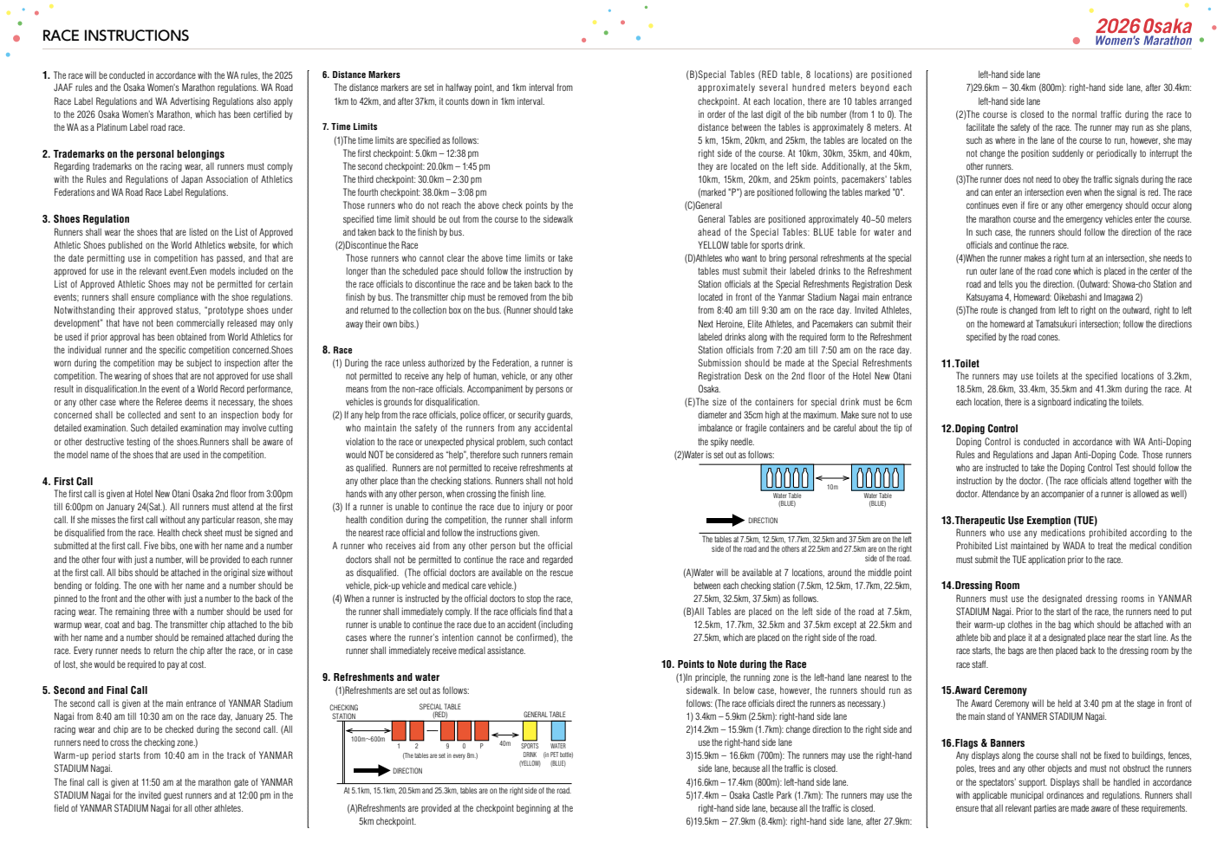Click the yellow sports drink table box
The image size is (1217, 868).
pyautogui.click(x=530, y=731)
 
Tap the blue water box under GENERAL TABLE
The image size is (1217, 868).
pyautogui.click(x=558, y=731)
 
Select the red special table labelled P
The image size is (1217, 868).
pyautogui.click(x=480, y=731)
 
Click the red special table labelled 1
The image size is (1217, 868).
pyautogui.click(x=399, y=731)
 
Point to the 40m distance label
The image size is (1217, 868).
pyautogui.click(x=504, y=743)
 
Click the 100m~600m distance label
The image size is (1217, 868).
pyautogui.click(x=368, y=739)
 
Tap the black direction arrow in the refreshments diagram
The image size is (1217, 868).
pyautogui.click(x=371, y=770)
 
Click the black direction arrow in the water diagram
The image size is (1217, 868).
pyautogui.click(x=725, y=521)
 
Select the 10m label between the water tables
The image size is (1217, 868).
pyautogui.click(x=832, y=487)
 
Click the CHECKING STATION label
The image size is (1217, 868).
pyautogui.click(x=344, y=712)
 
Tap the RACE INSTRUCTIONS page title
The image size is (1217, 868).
pyautogui.click(x=115, y=36)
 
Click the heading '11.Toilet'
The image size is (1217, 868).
pyautogui.click(x=960, y=364)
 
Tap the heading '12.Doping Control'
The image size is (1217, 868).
pyautogui.click(x=979, y=429)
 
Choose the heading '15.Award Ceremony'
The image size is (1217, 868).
pyautogui.click(x=984, y=690)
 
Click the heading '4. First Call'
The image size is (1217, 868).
pyautogui.click(x=68, y=482)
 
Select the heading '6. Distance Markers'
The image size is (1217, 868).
pyautogui.click(x=361, y=74)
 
